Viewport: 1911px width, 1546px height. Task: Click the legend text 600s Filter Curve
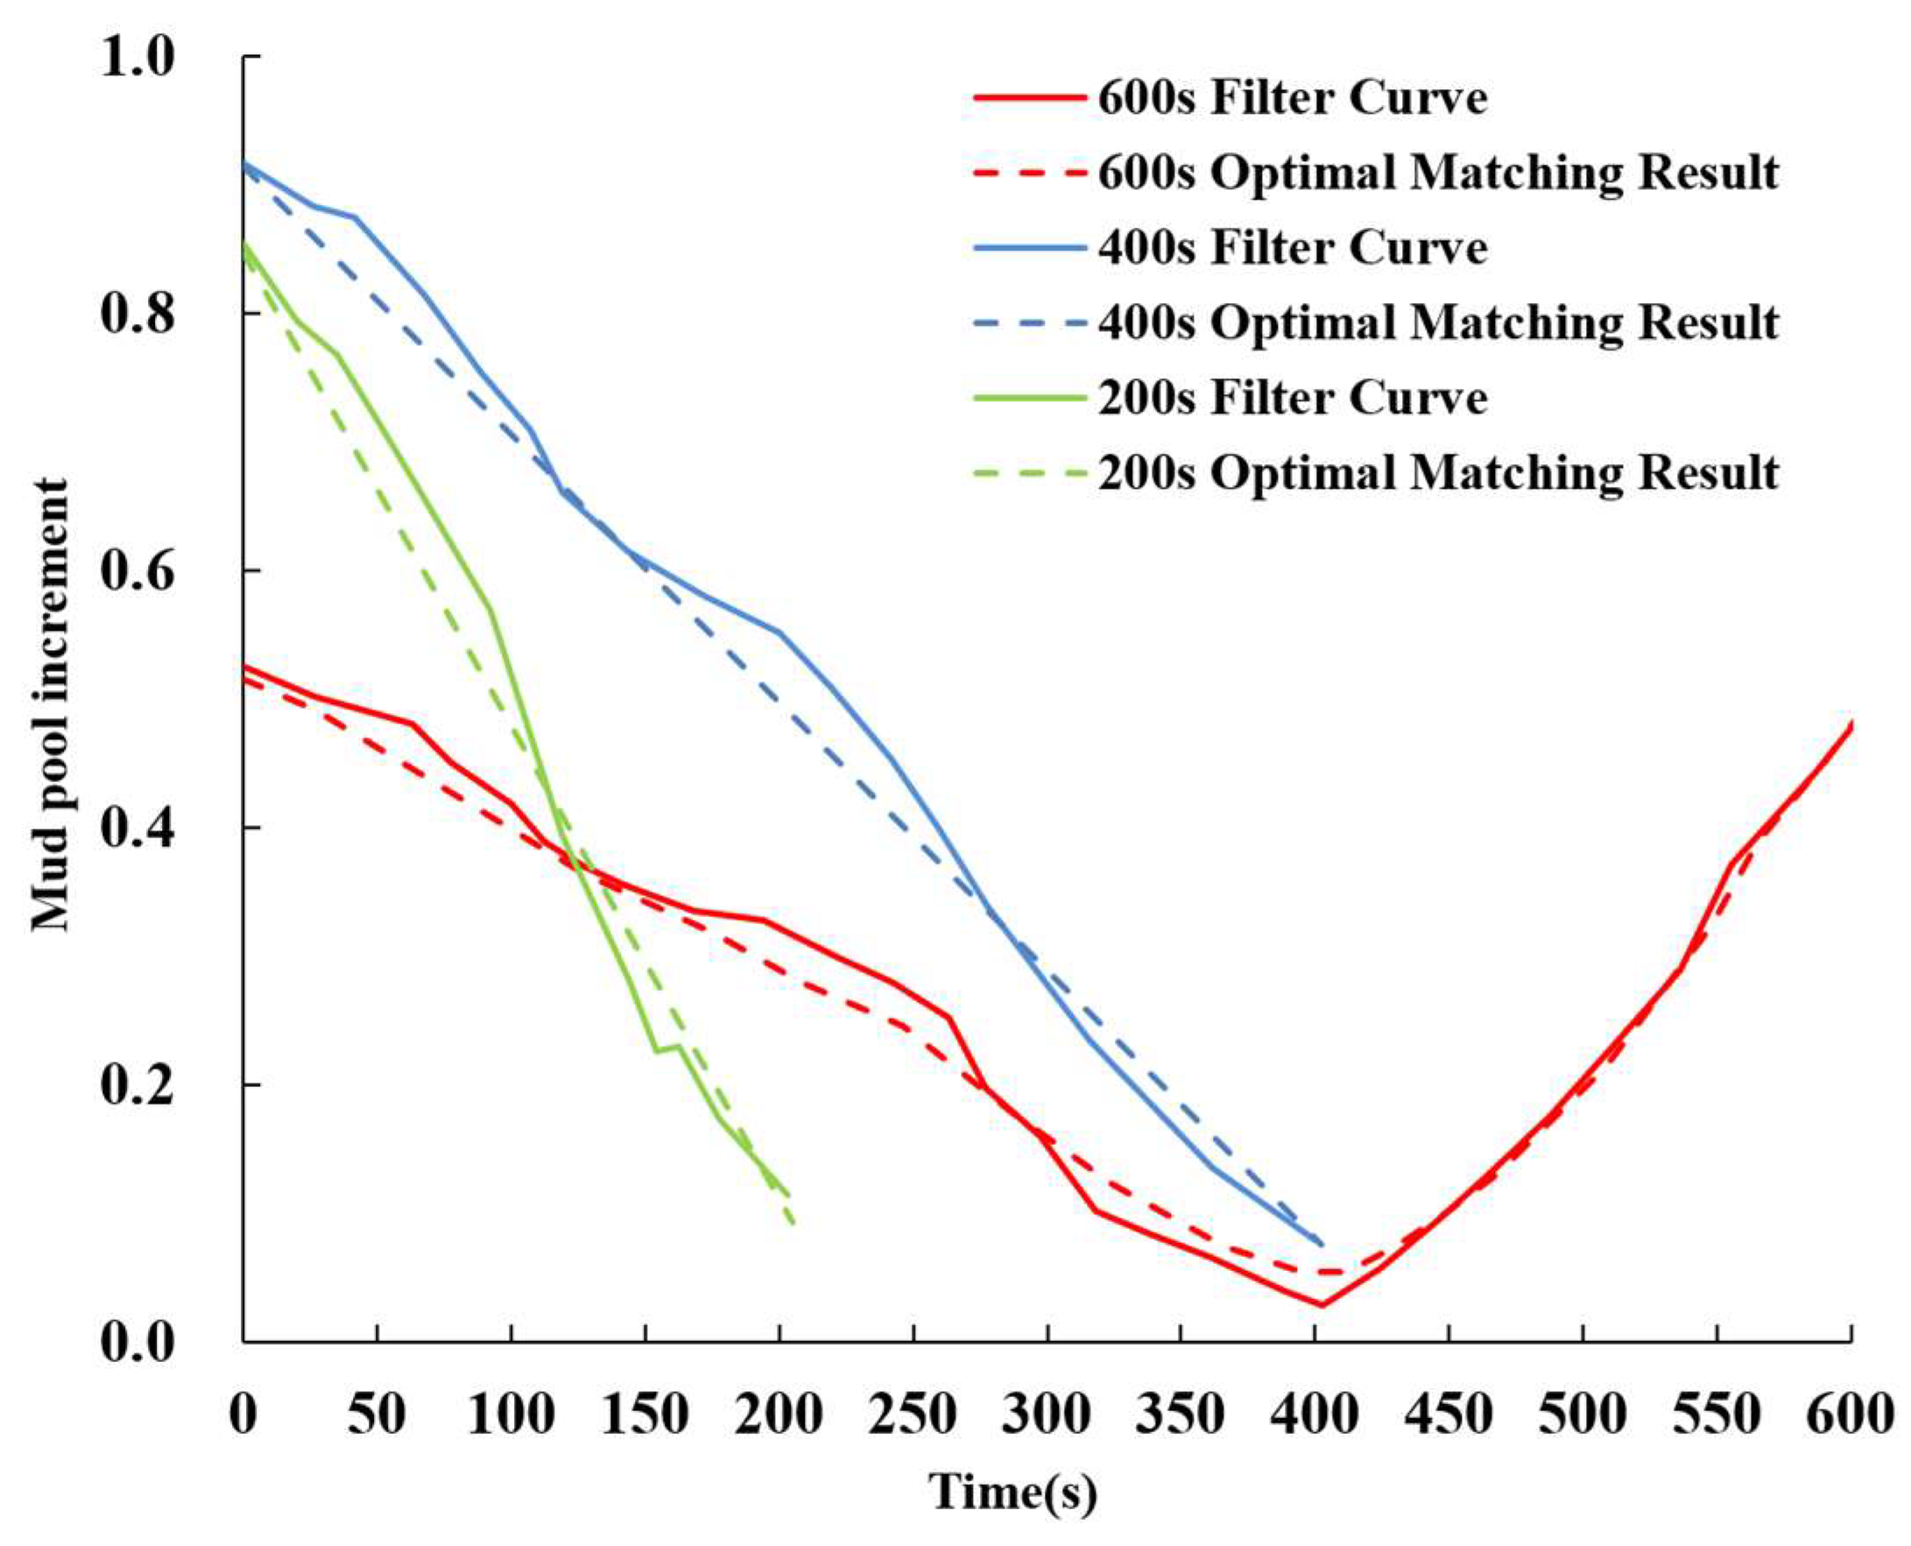1292,98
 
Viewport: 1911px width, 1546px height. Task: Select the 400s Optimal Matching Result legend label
1437,323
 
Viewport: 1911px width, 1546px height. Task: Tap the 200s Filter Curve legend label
1292,398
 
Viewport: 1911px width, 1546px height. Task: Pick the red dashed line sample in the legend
1030,173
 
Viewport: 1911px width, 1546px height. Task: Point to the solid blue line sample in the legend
1030,248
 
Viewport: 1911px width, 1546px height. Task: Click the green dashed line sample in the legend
1030,473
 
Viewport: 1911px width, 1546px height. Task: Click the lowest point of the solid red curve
1322,1307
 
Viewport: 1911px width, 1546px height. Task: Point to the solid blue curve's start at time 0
244,163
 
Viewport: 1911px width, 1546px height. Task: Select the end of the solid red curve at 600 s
1851,724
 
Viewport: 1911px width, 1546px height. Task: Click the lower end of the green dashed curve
793,1225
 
